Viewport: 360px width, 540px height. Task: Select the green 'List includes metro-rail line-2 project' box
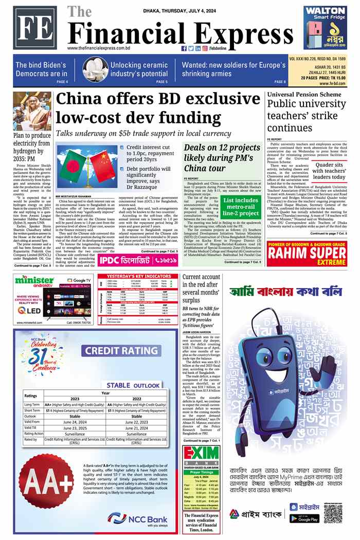tap(241, 206)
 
